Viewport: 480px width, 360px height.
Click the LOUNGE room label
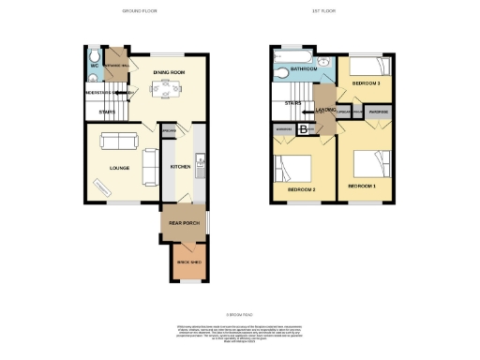tap(118, 168)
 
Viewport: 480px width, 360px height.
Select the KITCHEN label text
tap(180, 167)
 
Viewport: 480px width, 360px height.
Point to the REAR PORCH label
tap(183, 224)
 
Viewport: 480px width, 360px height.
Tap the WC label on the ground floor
tap(95, 66)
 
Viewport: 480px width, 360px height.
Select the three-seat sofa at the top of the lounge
tap(119, 142)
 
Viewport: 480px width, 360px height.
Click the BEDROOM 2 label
tap(300, 190)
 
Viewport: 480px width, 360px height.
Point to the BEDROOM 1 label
tap(362, 187)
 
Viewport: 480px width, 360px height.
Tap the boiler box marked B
tap(304, 128)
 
